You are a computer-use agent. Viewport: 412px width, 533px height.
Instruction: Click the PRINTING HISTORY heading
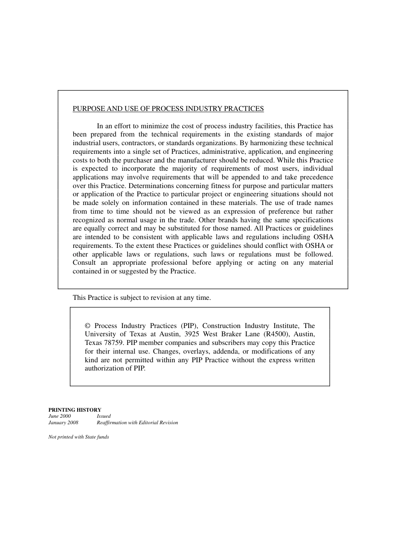pos(75,409)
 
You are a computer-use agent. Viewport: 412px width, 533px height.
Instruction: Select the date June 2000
pos(59,416)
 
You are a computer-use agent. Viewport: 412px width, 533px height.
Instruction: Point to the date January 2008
pos(63,422)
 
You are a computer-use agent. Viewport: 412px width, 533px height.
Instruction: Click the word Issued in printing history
pos(104,416)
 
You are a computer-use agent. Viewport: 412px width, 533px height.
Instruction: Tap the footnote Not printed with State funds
pos(78,437)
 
